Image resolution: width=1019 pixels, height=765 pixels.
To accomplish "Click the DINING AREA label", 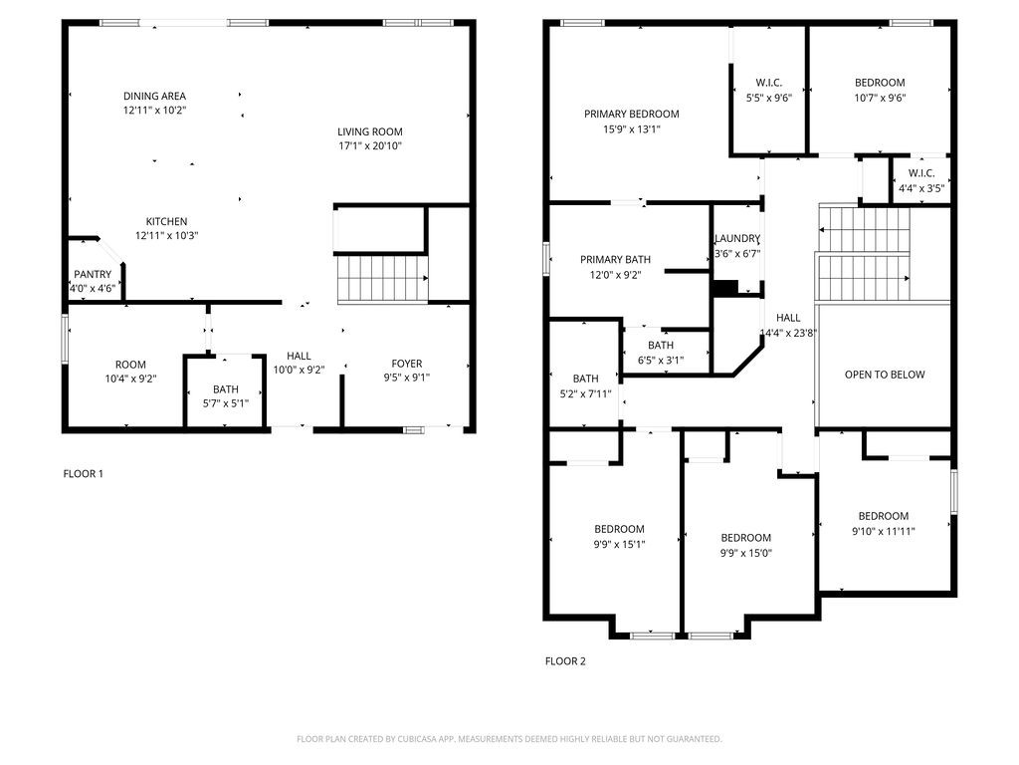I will (154, 97).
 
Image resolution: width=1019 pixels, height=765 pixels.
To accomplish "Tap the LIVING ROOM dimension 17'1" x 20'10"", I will (369, 146).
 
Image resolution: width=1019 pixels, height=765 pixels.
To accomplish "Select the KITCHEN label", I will (166, 221).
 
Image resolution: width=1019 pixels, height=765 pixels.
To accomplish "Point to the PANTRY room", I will (93, 275).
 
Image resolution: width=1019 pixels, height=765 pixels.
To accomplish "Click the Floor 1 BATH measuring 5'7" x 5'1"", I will (225, 395).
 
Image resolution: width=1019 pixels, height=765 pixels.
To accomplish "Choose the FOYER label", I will (406, 364).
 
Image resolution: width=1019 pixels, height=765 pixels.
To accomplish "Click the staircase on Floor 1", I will (381, 279).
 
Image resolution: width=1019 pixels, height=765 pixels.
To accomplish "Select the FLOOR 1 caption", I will (83, 474).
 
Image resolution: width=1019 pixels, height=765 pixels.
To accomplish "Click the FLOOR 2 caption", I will (565, 660).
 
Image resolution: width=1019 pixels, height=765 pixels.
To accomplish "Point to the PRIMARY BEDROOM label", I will (631, 115).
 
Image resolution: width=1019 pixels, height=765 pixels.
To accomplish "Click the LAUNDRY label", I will (737, 239).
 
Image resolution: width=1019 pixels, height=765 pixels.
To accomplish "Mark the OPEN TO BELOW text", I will (884, 375).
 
